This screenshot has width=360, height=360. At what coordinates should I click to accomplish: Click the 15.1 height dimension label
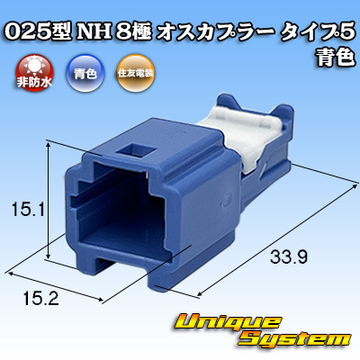tap(29, 209)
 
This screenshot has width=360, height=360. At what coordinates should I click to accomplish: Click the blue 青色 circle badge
tap(85, 74)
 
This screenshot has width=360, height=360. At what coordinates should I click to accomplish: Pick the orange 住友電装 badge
tap(136, 74)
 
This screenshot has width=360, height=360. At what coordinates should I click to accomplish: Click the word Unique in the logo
tap(228, 323)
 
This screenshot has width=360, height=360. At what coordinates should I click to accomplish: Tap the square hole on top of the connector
tap(136, 150)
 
